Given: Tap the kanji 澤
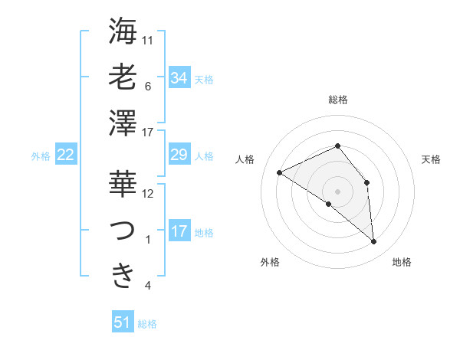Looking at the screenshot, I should pyautogui.click(x=123, y=123).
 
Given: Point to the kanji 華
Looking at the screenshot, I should pyautogui.click(x=123, y=184).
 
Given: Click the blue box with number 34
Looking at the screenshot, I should pyautogui.click(x=179, y=77).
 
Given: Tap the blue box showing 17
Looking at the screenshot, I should pyautogui.click(x=179, y=231).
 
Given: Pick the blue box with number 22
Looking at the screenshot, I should pyautogui.click(x=65, y=155).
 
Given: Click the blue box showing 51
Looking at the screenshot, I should pyautogui.click(x=123, y=322).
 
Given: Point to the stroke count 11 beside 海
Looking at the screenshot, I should pyautogui.click(x=149, y=39).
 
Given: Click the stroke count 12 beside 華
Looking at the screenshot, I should pyautogui.click(x=149, y=194).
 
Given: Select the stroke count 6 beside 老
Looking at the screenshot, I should pyautogui.click(x=148, y=86).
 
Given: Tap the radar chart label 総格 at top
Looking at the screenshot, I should pyautogui.click(x=337, y=100).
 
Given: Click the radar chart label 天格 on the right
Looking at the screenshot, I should pyautogui.click(x=432, y=159).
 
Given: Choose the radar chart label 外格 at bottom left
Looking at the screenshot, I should pyautogui.click(x=270, y=262).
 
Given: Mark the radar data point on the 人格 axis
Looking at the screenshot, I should pyautogui.click(x=280, y=172).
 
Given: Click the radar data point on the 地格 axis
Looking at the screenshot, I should pyautogui.click(x=374, y=242).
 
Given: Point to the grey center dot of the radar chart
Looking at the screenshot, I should pyautogui.click(x=337, y=191).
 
